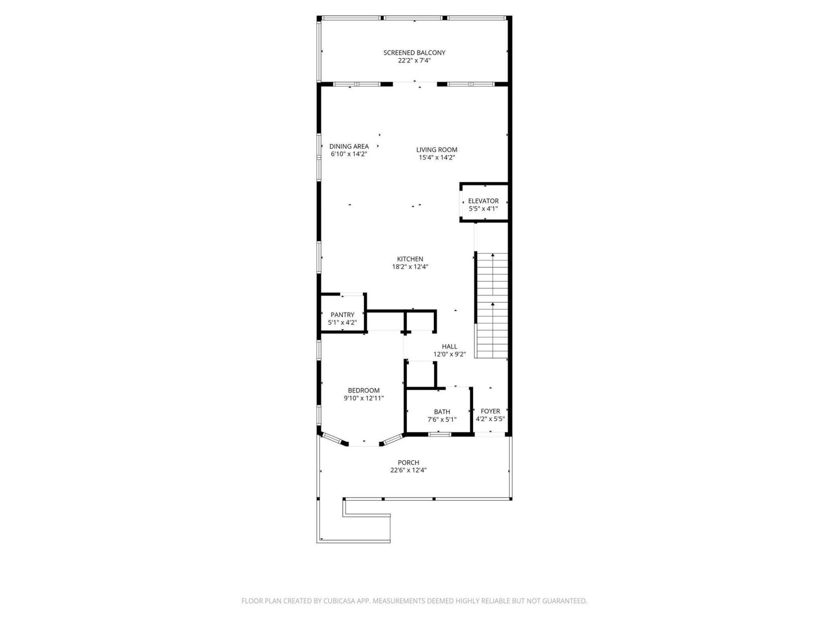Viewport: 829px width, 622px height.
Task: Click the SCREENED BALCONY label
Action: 414,53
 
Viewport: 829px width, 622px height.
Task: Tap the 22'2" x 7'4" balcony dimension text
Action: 414,61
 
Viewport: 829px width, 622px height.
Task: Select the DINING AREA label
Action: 349,146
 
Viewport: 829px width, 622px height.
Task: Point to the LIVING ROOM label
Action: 437,150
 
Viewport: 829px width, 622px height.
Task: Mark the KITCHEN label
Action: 410,259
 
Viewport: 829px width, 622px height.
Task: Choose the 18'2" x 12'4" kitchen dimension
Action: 410,267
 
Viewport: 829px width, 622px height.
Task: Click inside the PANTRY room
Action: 342,315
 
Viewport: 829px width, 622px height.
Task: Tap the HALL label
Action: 449,346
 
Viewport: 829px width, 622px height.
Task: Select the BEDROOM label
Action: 364,390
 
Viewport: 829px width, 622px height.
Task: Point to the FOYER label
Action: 490,411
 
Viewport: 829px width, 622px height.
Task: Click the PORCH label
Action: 408,463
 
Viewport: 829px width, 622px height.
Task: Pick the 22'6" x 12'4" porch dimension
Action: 408,470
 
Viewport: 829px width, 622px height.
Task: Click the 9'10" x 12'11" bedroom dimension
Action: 364,398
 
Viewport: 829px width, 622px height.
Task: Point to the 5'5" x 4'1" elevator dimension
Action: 483,209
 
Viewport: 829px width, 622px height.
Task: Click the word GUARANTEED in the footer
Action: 566,601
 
